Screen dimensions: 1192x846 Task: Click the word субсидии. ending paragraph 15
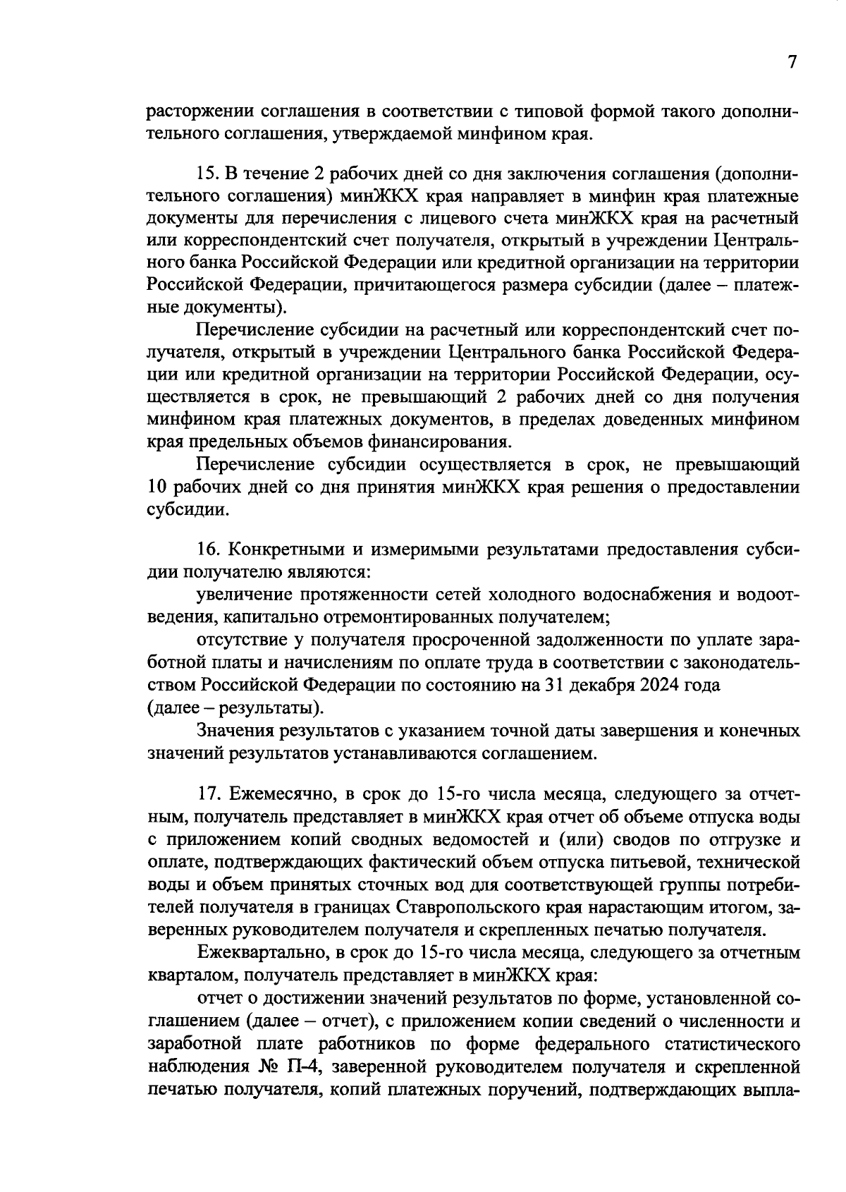[x=188, y=510]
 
